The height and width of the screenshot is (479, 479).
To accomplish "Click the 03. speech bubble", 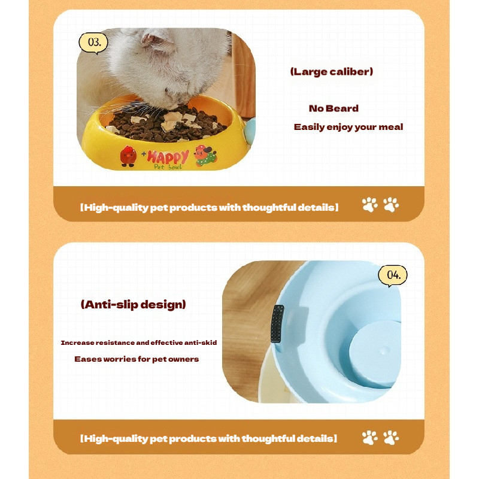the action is (93, 43).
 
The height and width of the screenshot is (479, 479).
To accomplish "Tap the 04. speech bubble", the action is (393, 275).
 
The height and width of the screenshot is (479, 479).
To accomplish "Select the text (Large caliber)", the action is (332, 72).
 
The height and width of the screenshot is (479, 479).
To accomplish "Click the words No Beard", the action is (334, 108).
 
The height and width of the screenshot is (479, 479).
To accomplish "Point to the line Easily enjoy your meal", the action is (348, 127).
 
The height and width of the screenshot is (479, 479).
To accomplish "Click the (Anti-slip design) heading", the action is (133, 305).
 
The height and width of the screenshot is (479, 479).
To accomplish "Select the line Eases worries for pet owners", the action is (137, 359).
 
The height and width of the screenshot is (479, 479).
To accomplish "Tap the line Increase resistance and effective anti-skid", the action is (139, 342).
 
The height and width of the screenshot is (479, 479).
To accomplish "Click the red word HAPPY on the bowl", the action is (168, 157).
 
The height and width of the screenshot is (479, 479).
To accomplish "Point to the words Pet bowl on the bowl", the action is (168, 167).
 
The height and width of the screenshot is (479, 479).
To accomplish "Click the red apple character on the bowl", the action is (128, 156).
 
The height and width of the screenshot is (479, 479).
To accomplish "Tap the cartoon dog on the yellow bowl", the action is (205, 156).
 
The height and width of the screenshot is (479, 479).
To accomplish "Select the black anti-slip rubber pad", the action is (277, 324).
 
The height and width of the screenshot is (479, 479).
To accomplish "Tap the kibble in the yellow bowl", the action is (167, 123).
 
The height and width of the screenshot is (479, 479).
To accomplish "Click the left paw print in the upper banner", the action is (369, 205).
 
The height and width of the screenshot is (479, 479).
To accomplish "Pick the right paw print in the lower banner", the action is (391, 438).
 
